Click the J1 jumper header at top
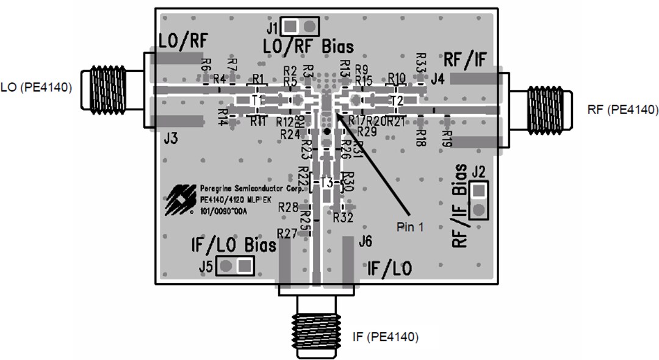tap(300, 26)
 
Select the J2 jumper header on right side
tap(480, 200)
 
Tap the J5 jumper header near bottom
tap(236, 265)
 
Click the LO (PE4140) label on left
tap(37, 87)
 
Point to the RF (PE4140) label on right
tap(623, 110)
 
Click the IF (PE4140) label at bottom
tap(386, 336)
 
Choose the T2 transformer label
tap(397, 99)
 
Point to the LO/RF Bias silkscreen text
tap(308, 46)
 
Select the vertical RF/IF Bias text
tap(460, 206)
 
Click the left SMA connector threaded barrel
tap(107, 89)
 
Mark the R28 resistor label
tap(287, 207)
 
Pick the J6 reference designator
tap(366, 242)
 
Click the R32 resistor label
tap(344, 217)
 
